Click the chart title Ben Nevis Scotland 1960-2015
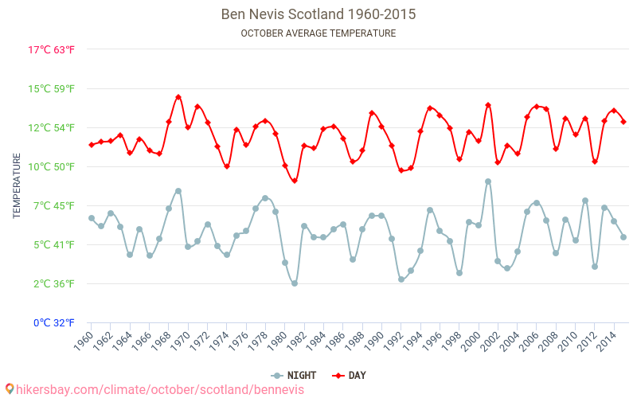tap(318, 14)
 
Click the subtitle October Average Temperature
tap(318, 33)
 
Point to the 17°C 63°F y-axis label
tap(52, 49)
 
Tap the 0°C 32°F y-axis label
tap(52, 322)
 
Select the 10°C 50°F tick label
tap(52, 166)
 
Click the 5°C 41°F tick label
tap(52, 244)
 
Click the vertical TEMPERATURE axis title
tap(17, 186)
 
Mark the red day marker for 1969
tap(178, 97)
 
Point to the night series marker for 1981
tap(295, 283)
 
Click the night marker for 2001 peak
tap(488, 181)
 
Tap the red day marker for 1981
tap(295, 181)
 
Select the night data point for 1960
tap(92, 218)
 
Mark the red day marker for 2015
tap(623, 122)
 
